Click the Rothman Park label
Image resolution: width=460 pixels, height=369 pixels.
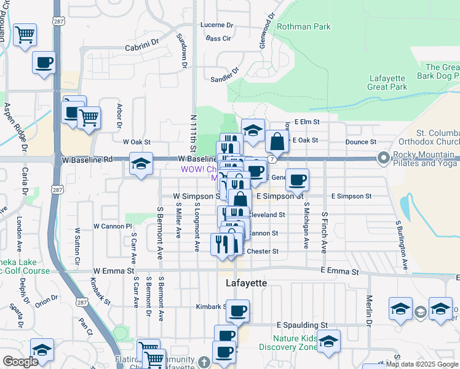pos(303,26)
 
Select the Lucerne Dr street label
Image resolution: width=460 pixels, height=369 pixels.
pos(217,25)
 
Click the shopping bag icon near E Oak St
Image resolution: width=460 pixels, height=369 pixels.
pos(277,141)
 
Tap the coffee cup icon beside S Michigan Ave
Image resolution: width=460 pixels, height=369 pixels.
pos(298,180)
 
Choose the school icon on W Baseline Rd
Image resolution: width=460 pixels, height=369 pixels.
pos(141,164)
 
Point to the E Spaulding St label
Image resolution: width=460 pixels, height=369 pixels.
pos(302,324)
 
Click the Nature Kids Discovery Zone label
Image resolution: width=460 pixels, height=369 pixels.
pos(296,342)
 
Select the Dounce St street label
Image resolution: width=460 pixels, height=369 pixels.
pos(360,141)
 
